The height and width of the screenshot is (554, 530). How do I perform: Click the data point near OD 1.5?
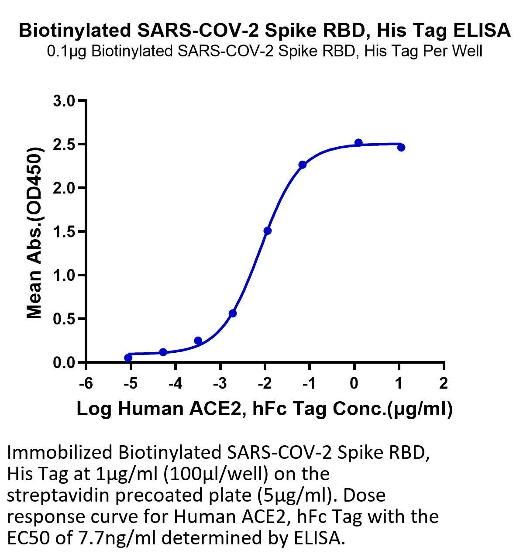click(x=267, y=231)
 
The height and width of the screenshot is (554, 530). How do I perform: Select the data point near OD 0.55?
click(x=233, y=313)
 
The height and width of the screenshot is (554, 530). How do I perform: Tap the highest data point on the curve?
click(x=358, y=143)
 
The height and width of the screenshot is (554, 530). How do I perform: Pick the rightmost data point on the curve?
click(x=401, y=148)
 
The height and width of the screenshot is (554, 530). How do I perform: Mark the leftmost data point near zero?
click(x=128, y=358)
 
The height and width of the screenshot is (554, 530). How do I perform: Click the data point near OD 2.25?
click(x=302, y=165)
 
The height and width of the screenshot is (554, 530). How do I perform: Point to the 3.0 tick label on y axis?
click(x=64, y=101)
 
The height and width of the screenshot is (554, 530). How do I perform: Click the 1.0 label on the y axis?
click(x=64, y=275)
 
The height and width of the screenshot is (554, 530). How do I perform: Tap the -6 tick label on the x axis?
click(x=86, y=383)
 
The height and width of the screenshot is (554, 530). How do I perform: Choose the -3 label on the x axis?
click(x=220, y=383)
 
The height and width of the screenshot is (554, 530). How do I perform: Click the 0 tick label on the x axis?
click(x=354, y=383)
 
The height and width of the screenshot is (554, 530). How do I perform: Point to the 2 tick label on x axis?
click(x=444, y=383)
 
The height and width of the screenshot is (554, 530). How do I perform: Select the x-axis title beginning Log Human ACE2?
click(x=265, y=409)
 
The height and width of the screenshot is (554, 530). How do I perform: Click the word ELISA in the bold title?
click(x=482, y=30)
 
